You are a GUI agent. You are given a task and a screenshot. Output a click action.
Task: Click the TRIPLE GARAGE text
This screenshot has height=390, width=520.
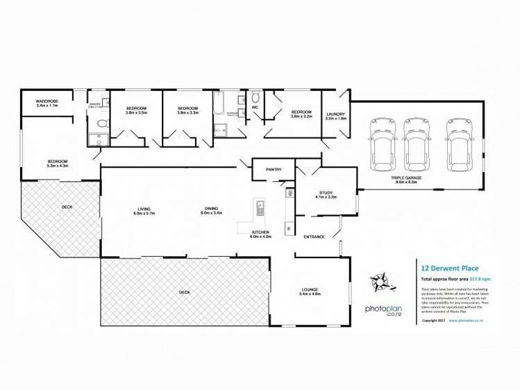click(406, 178)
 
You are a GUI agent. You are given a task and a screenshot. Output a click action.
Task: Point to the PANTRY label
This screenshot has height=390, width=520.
click(273, 169)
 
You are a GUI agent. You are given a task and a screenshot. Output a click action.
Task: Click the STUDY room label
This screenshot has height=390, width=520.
click(326, 194)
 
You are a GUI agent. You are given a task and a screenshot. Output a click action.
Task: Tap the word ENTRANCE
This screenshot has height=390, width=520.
click(314, 237)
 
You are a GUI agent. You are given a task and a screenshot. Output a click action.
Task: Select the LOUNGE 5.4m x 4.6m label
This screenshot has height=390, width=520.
click(310, 291)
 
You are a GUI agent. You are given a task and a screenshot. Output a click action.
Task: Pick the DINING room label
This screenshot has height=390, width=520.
click(212, 210)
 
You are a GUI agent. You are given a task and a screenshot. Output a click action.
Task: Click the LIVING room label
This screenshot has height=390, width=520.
click(144, 210)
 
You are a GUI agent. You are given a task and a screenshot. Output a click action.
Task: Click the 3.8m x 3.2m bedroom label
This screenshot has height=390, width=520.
click(301, 114)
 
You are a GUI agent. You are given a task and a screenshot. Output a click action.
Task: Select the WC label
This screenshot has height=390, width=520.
click(255, 108)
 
